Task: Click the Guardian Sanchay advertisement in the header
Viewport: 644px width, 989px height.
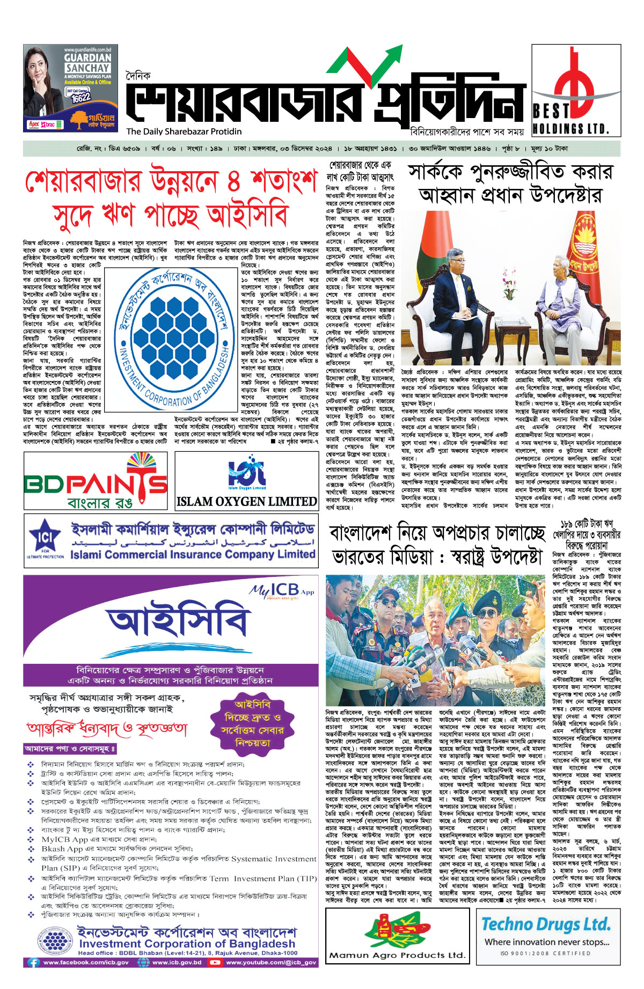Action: (x=70, y=88)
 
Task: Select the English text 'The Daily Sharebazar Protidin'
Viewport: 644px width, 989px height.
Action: (x=184, y=131)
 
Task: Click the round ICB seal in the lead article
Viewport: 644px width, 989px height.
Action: (x=175, y=339)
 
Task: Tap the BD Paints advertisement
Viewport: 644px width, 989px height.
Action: (x=96, y=481)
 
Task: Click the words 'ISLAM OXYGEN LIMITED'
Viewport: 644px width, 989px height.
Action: (x=247, y=502)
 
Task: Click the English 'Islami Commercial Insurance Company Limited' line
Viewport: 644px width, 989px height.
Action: (x=193, y=555)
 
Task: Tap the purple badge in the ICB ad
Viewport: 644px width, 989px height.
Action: (x=252, y=724)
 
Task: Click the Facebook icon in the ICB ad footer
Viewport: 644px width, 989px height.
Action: (x=34, y=962)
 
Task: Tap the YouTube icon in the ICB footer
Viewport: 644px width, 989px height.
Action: (x=215, y=962)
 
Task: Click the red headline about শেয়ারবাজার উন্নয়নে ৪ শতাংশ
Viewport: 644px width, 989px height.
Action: (x=171, y=199)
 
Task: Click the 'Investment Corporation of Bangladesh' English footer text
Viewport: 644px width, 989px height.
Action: (x=187, y=943)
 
